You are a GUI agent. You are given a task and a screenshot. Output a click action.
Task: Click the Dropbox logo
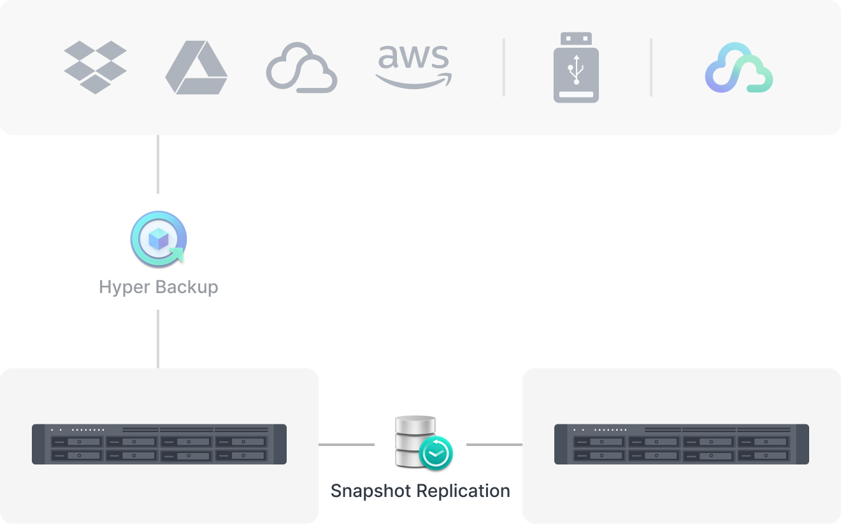tap(95, 68)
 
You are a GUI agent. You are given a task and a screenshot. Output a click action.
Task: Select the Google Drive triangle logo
tap(196, 68)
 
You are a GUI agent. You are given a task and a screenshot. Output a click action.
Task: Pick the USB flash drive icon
tap(576, 68)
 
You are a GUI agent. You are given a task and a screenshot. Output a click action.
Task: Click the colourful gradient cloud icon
tap(739, 68)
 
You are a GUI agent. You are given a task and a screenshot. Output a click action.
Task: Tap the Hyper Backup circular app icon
tap(159, 239)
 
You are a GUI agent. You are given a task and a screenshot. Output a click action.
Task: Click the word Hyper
tap(124, 287)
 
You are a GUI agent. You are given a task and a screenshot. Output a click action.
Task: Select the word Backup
tap(187, 287)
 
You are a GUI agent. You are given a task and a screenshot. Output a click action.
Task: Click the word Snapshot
tap(371, 491)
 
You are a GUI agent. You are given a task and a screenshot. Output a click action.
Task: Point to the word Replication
tap(463, 491)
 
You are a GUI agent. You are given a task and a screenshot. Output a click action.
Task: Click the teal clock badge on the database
tap(436, 453)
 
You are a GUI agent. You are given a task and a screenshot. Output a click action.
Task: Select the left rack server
tap(159, 444)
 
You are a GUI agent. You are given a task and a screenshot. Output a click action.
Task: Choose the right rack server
tap(682, 444)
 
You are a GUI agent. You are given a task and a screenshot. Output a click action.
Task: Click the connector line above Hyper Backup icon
tap(158, 164)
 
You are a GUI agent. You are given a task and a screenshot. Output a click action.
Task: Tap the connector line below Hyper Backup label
tap(158, 339)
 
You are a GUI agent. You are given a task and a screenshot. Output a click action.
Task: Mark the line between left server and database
tap(347, 445)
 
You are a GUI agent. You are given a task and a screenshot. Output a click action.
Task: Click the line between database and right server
tap(494, 445)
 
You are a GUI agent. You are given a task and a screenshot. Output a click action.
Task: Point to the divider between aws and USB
tap(504, 68)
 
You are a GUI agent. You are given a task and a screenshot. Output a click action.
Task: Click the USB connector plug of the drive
tap(577, 39)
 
